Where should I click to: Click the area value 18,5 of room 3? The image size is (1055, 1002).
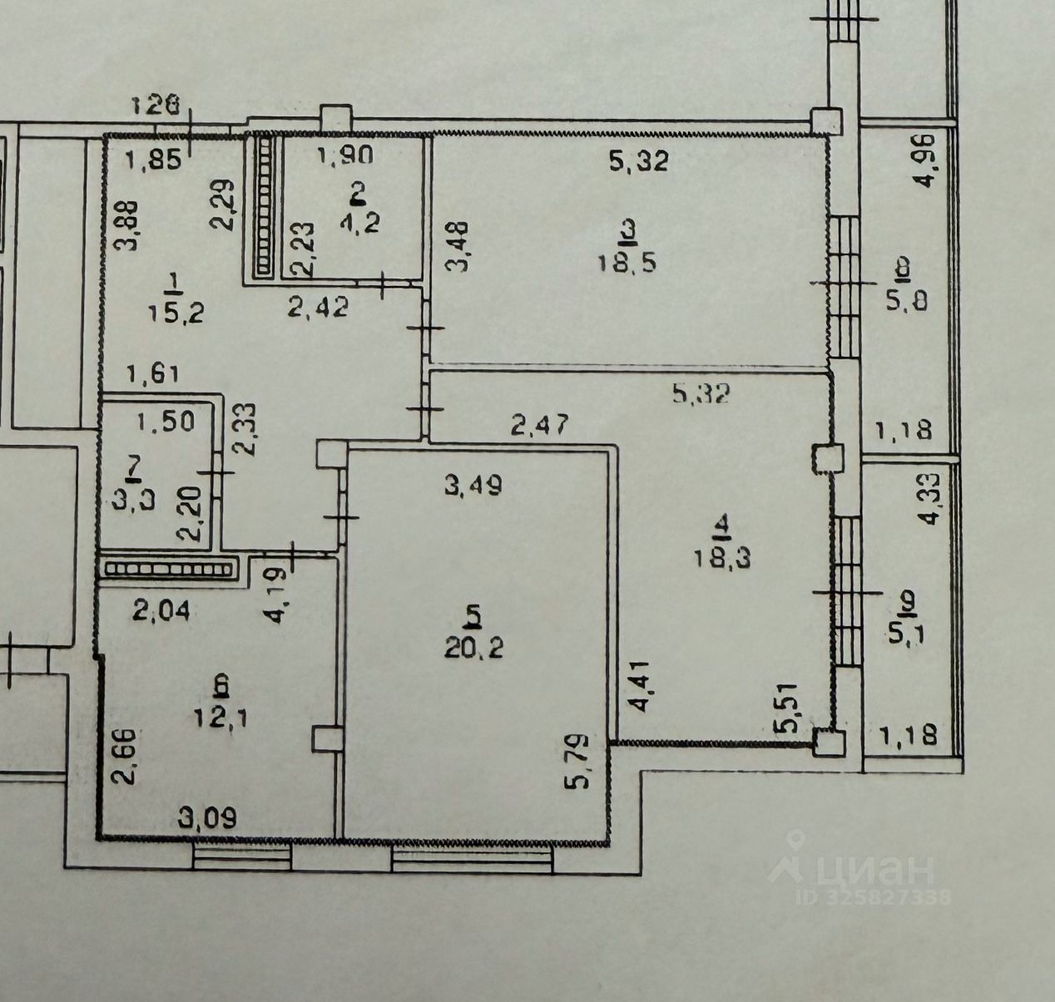627,264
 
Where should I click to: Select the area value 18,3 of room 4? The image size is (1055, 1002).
721,557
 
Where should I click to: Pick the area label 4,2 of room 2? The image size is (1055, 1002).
357,225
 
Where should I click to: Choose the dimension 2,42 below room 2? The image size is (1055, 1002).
318,307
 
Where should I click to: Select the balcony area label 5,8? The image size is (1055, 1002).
903,299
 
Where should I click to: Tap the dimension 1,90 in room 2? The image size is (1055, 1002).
344,155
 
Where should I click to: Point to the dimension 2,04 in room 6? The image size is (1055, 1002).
163,613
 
